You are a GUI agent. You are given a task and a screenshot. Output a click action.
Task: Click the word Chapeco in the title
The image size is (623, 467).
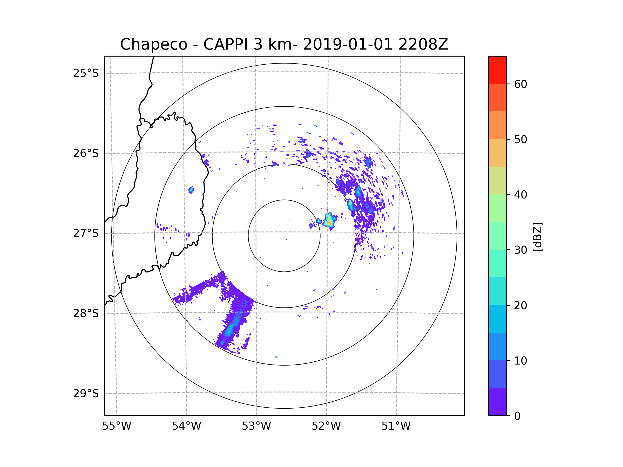coord(153,44)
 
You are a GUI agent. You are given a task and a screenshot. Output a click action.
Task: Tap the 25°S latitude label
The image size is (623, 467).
coord(86,73)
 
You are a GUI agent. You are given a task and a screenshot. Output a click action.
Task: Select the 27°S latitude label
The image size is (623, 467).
coord(86,233)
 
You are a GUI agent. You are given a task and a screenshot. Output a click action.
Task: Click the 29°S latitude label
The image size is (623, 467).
coord(86,393)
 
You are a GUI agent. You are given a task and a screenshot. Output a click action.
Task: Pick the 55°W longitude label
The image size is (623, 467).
coord(117,426)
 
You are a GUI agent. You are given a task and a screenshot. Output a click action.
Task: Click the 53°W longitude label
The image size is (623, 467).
coord(256,426)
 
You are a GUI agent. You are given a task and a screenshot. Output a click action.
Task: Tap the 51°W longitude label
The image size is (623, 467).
coord(396,426)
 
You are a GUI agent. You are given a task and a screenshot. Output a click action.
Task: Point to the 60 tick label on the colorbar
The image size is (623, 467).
coord(520,84)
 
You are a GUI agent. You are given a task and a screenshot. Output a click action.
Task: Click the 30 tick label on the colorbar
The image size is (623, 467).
coord(520,250)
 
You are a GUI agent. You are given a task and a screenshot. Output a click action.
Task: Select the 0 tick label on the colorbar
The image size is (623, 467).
coord(517,416)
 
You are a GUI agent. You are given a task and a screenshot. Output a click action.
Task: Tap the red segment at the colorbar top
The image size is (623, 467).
coord(497,70)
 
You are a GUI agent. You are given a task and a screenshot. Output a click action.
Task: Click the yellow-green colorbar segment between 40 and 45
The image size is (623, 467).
coord(497,180)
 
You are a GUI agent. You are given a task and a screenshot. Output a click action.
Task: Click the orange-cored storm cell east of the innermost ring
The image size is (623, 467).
coord(329,221)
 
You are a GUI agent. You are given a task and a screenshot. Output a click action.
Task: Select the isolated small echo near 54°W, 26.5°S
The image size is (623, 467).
coord(191,190)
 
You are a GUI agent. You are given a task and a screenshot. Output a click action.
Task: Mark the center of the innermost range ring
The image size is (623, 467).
coord(284,236)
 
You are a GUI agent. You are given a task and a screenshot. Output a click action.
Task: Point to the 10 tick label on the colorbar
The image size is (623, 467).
coord(520,361)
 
